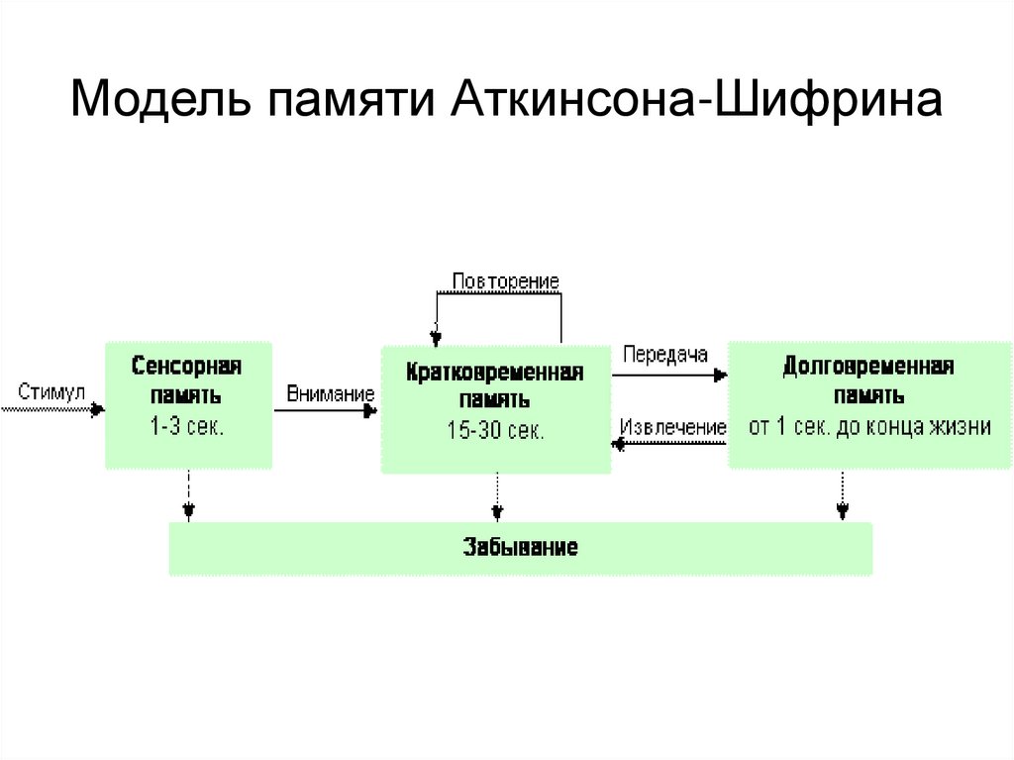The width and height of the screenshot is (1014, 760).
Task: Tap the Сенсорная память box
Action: coord(188,404)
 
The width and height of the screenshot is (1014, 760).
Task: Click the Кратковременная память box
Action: coord(495,408)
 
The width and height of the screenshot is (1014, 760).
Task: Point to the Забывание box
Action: coord(520,548)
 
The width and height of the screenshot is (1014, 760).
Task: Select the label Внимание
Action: coord(331,393)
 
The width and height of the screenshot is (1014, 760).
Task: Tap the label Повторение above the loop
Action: coord(505,281)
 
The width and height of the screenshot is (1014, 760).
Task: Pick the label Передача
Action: coord(665,354)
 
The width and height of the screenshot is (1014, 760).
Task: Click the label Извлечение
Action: coord(672,427)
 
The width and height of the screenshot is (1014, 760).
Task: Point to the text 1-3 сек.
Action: coord(188,429)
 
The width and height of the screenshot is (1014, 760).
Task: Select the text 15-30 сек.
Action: coord(495,432)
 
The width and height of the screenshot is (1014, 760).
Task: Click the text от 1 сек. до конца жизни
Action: coord(868,428)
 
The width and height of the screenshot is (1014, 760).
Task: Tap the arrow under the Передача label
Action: coord(669,375)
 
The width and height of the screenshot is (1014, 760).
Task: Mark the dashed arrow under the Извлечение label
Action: coord(669,445)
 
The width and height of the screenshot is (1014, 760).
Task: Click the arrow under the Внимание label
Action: coord(327,409)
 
